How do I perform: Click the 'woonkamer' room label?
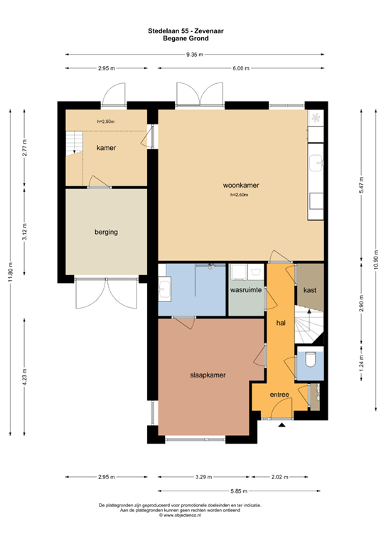click(x=239, y=186)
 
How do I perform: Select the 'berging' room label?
click(x=106, y=232)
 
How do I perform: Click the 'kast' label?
click(x=309, y=291)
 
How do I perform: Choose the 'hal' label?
click(x=280, y=323)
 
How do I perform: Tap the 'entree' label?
click(x=279, y=395)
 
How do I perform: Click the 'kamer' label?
click(x=106, y=148)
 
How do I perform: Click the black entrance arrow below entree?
click(x=282, y=425)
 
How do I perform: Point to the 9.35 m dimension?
click(x=193, y=55)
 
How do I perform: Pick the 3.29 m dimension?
click(x=203, y=477)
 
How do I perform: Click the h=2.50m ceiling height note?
click(x=106, y=122)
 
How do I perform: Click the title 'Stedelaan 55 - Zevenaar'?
click(x=193, y=31)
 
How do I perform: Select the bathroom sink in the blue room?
click(x=166, y=289)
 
